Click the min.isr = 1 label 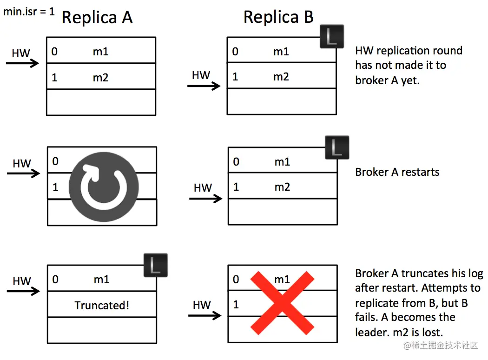point(29,12)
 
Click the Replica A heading point(97,17)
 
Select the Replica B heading point(278,17)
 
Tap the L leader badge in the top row point(332,36)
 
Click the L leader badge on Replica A point(156,265)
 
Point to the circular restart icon point(104,187)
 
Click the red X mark point(282,303)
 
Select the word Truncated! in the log point(102,305)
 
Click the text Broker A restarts point(397,172)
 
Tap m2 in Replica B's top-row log point(281,77)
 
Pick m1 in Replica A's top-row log point(100,51)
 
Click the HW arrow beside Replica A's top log point(22,63)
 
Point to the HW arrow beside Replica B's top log point(204,86)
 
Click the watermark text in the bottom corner point(441,345)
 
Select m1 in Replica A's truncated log point(101,280)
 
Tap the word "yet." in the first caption point(410,80)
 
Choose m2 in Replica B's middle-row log point(282,187)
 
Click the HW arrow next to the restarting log point(23,173)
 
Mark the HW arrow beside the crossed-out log point(205,315)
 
